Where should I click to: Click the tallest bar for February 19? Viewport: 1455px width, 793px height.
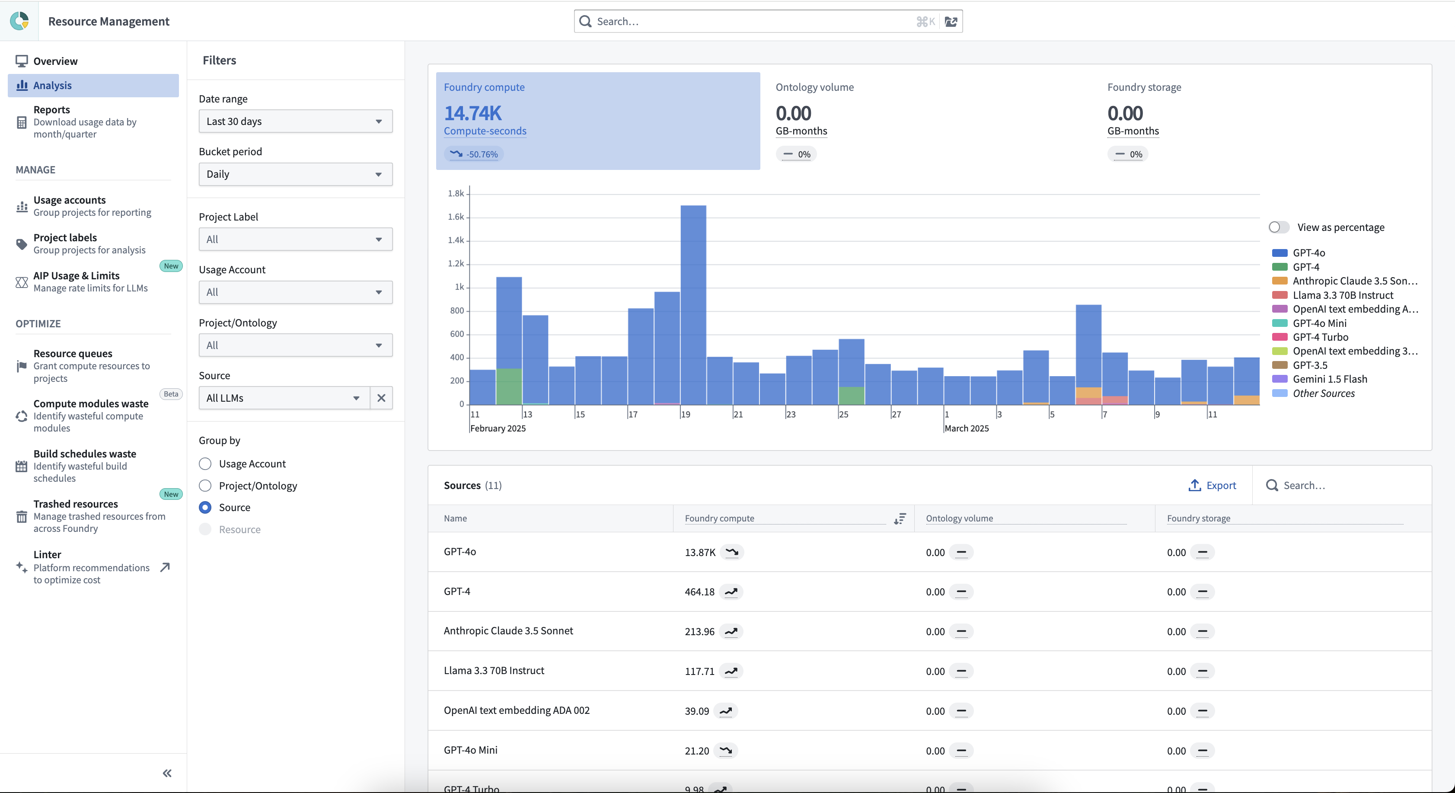[693, 305]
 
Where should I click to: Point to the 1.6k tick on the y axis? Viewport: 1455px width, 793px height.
[456, 217]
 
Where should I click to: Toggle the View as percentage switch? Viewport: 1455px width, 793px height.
[1279, 227]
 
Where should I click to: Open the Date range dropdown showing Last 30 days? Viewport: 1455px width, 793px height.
[295, 122]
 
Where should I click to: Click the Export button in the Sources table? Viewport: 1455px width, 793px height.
[1212, 485]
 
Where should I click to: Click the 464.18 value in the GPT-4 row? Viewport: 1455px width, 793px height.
[699, 592]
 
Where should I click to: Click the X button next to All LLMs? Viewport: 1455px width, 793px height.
[381, 398]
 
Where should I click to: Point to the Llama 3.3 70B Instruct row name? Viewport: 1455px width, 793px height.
[494, 671]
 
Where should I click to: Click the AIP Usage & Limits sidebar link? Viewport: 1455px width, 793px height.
[76, 275]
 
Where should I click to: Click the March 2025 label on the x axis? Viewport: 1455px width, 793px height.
[967, 428]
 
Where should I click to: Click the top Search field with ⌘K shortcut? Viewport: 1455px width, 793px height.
[751, 22]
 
